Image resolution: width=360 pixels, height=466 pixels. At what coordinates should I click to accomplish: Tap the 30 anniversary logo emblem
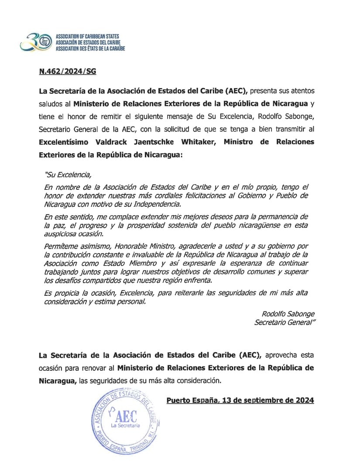(x=36, y=41)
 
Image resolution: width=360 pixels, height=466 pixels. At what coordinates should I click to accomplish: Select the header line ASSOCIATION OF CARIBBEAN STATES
(x=87, y=36)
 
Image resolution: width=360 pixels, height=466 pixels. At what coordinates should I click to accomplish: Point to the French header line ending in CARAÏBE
(x=90, y=48)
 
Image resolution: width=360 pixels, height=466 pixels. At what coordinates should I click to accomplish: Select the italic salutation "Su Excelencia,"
(x=68, y=175)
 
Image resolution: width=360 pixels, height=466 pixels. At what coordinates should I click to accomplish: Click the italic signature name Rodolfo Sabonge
(x=288, y=314)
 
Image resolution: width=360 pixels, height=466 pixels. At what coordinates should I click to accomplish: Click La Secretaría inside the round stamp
(x=125, y=425)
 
